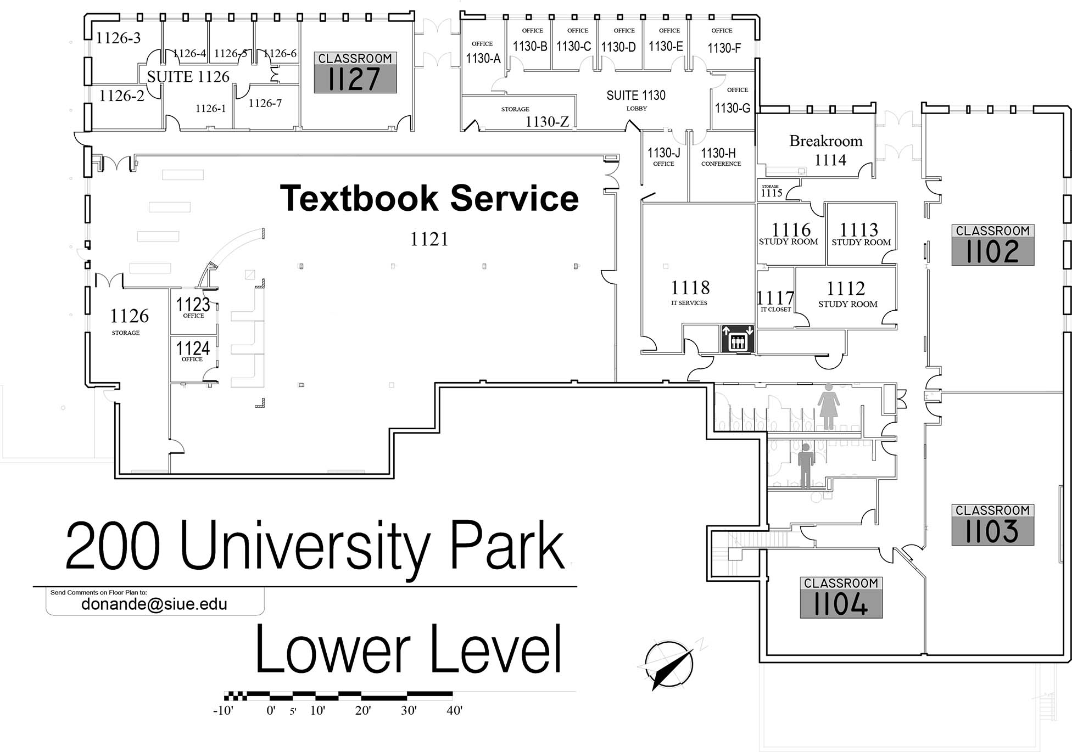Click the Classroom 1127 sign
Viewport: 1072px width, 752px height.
click(355, 72)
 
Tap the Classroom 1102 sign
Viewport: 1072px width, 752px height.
click(992, 245)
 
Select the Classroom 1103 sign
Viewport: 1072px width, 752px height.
click(992, 525)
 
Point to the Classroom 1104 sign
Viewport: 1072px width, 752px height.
click(841, 597)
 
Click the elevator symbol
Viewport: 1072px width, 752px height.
click(737, 339)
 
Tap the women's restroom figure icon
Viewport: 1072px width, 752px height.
click(828, 406)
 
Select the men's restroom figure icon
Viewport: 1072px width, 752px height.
click(806, 465)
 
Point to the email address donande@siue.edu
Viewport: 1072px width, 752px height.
click(154, 604)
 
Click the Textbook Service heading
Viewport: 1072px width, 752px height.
click(429, 198)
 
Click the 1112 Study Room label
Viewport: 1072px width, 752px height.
click(847, 294)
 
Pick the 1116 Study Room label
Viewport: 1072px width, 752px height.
click(790, 233)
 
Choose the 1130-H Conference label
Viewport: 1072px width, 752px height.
click(719, 156)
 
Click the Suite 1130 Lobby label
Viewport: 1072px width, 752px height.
click(636, 100)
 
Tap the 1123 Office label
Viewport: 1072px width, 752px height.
click(193, 307)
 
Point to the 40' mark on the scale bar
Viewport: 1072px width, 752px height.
click(454, 710)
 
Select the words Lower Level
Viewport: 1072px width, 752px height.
click(409, 649)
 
